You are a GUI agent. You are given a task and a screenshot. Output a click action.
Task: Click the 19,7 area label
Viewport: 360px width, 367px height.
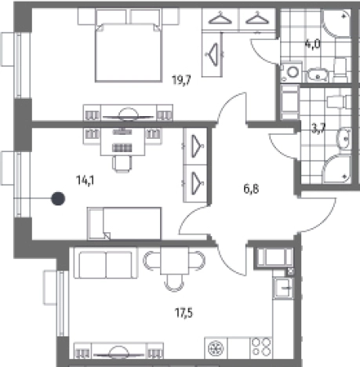181,80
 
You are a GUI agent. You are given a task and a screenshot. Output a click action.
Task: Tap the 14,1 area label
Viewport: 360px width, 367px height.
85,180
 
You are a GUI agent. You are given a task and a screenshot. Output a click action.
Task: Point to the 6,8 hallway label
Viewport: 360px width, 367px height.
251,189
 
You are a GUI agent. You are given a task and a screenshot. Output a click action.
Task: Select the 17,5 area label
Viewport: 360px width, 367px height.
184,312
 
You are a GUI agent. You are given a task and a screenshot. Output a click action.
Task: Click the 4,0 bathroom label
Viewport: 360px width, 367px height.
312,44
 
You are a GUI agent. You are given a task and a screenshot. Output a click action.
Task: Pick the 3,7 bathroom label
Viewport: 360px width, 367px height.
318,129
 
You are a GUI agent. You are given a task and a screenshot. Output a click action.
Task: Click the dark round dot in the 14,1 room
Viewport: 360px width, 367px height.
58,198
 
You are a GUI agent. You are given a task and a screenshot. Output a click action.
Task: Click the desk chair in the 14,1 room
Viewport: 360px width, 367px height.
122,164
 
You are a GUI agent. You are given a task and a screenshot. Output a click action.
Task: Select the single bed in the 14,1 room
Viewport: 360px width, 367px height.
124,223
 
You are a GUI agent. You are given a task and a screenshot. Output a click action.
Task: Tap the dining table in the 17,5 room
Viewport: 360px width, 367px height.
174,261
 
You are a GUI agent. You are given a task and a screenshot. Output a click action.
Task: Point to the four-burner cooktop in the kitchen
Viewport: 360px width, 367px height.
261,348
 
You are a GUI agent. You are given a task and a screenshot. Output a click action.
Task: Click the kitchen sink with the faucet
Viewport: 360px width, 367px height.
283,288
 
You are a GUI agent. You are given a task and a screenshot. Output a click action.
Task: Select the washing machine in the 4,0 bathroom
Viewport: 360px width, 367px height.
291,72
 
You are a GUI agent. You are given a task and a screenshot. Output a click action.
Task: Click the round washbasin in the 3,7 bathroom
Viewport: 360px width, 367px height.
344,139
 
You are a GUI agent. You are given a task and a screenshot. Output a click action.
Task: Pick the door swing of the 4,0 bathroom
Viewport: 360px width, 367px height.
264,51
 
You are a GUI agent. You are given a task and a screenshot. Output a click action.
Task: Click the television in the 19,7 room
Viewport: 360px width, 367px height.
128,117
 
